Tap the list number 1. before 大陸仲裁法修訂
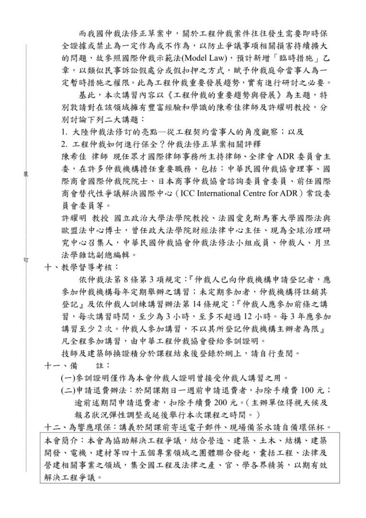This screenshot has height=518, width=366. [65, 131]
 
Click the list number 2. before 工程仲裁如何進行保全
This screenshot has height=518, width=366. [65, 143]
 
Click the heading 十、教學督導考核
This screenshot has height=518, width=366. [80, 267]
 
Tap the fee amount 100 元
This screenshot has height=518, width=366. [313, 389]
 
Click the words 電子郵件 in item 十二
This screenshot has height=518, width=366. [213, 426]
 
